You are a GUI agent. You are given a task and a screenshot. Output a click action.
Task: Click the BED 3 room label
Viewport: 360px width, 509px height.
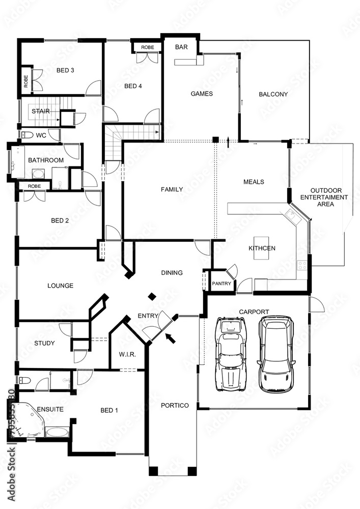point(65,70)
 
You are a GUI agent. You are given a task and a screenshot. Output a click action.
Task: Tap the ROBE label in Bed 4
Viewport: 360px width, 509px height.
point(147,47)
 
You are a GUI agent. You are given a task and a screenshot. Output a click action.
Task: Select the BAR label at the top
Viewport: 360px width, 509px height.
point(181,47)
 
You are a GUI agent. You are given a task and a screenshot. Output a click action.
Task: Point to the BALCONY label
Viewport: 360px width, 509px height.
point(273,94)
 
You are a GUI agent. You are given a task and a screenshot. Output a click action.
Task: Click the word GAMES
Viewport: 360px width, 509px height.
point(201,94)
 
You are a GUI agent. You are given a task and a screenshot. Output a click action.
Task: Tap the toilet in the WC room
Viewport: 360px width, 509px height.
point(27,135)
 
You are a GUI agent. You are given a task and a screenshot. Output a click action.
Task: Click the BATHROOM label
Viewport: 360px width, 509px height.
point(46,160)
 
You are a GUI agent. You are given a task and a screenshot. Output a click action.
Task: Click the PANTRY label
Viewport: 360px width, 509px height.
point(221,284)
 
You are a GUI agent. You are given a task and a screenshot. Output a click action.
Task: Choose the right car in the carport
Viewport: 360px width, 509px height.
point(276,353)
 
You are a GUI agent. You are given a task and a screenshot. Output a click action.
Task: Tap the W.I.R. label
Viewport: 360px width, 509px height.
point(127,354)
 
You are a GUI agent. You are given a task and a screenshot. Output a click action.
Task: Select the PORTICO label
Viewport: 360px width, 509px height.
point(175,406)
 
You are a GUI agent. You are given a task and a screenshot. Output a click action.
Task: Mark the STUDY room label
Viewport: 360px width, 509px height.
point(44,343)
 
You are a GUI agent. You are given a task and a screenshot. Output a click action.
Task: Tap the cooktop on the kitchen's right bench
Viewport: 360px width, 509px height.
point(302,265)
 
